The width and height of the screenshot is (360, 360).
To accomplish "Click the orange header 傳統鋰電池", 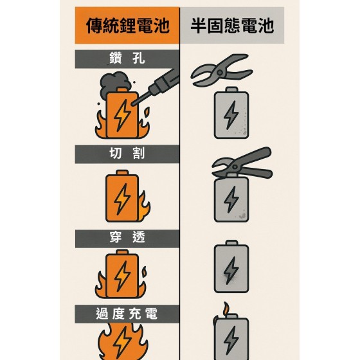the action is (x=127, y=25).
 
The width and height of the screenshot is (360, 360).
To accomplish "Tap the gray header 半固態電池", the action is (x=232, y=25).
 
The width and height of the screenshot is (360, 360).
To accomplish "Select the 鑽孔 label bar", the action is (x=127, y=59).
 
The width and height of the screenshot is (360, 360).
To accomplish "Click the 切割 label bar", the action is (x=127, y=154).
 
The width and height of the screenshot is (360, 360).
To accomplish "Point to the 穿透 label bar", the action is (x=127, y=239).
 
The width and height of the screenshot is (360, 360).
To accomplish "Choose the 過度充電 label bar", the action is (x=127, y=314).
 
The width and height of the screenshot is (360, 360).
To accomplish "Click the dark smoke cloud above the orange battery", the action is (x=115, y=84).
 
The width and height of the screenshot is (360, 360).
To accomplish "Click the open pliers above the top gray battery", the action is (x=222, y=70).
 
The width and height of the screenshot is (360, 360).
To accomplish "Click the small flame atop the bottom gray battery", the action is (x=226, y=309).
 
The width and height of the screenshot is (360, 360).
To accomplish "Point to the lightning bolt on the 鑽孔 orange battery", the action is (x=122, y=115).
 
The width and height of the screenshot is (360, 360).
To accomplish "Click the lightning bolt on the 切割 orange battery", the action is (x=122, y=199).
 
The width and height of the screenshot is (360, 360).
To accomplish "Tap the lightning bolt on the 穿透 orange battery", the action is (x=122, y=276).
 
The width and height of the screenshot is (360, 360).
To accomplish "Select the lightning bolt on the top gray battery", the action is (x=231, y=115).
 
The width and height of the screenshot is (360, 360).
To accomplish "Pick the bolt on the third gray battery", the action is (x=231, y=270).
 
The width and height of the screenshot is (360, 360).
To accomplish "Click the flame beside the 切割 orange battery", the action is (x=144, y=206).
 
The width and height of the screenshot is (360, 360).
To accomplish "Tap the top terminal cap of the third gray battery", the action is (x=231, y=243).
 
